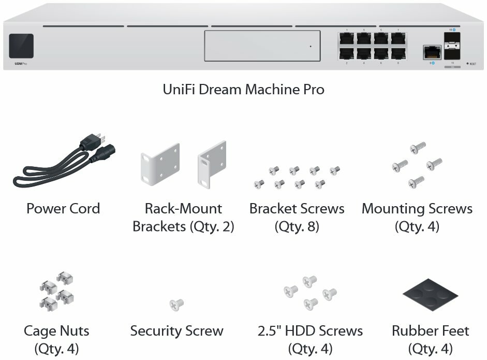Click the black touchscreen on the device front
(x=21, y=46)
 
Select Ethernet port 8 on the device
(x=397, y=53)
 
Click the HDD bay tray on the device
(x=260, y=46)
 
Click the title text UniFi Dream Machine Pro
(x=243, y=89)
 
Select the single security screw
(x=177, y=305)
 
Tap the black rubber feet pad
(x=430, y=297)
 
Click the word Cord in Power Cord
(x=83, y=209)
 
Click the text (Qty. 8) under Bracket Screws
(x=297, y=226)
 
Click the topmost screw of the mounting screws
(x=417, y=147)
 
